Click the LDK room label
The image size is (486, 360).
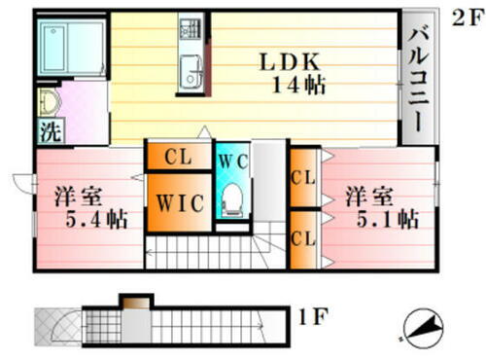coord(289,61)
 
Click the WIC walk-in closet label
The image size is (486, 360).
coord(179,203)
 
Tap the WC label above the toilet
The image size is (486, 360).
coord(231,161)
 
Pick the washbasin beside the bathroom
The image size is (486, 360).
coord(49,100)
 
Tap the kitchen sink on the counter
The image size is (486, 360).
coord(190,70)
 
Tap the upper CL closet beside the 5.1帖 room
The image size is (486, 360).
coord(303,177)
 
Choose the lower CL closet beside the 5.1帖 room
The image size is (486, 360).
coord(303,237)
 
